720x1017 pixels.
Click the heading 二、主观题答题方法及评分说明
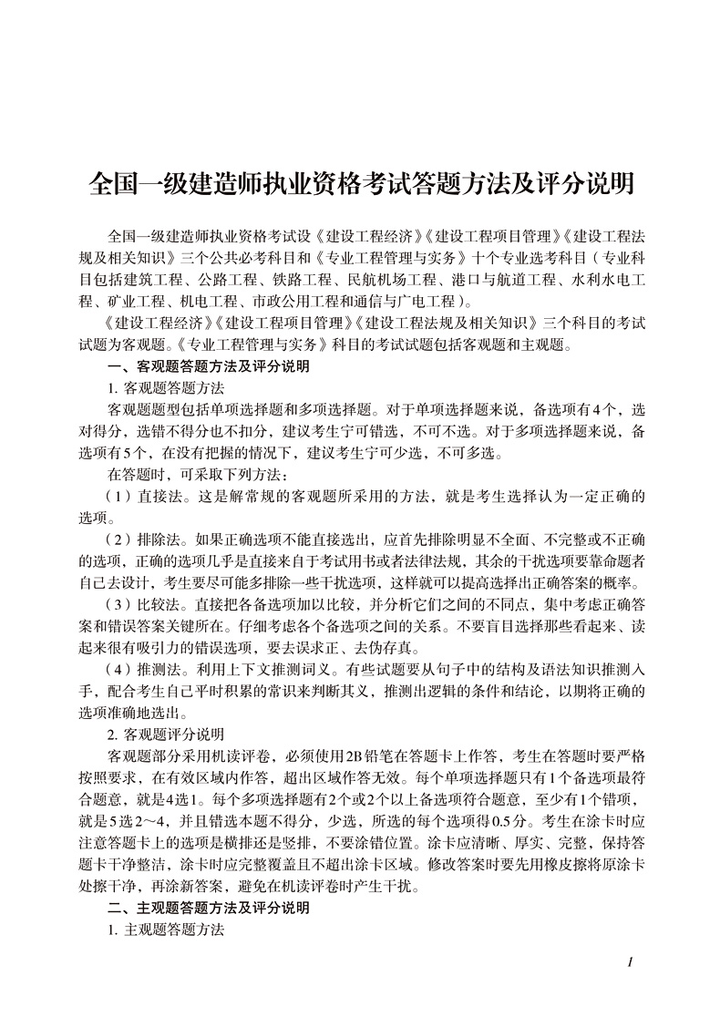point(208,908)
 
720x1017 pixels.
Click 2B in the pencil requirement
point(347,755)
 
